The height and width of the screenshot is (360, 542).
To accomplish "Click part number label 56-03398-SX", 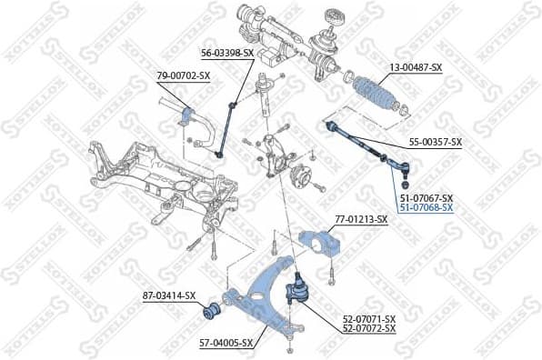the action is click(226, 54).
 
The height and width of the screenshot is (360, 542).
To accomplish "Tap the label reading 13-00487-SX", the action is click(417, 67).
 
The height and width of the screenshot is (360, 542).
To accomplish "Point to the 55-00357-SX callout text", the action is click(435, 142).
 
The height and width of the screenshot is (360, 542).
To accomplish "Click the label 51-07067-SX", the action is click(426, 198).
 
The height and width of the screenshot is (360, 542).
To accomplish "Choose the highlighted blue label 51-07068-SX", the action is click(426, 207).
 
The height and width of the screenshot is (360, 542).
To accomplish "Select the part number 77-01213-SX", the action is click(361, 219).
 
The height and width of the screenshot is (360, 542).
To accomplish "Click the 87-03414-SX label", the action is click(168, 295).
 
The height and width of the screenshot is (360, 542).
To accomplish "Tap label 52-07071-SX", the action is click(368, 318).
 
